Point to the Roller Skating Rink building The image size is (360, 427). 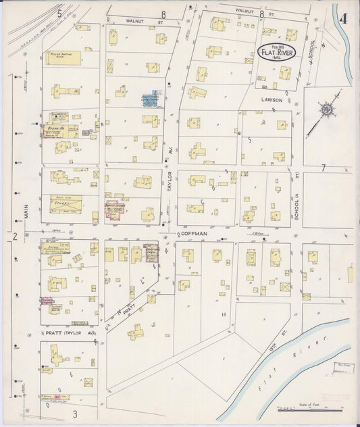point(63,57)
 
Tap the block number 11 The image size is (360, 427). point(223,314)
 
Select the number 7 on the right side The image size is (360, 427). point(324,168)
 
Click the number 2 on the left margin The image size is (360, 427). point(14,236)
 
